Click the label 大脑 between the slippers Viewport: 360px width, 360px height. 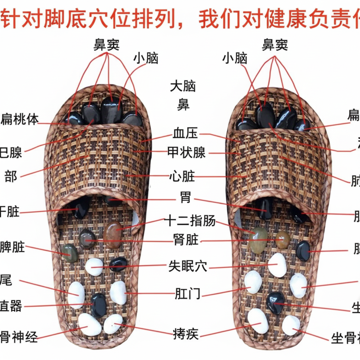click(183, 87)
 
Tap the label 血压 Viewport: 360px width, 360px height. click(185, 133)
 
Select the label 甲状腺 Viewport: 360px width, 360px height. click(186, 153)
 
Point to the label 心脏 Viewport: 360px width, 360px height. click(182, 176)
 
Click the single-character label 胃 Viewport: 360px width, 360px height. click(185, 198)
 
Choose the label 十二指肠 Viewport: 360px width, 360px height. click(190, 221)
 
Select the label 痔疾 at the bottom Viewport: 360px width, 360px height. click(186, 333)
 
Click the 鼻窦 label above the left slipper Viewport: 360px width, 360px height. click(106, 45)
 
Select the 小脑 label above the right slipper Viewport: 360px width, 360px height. click(235, 58)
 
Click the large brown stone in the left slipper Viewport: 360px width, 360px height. click(113, 235)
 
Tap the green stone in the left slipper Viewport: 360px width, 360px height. click(70, 253)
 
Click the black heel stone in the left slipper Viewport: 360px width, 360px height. click(99, 305)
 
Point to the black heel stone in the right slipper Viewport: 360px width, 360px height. click(276, 302)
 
